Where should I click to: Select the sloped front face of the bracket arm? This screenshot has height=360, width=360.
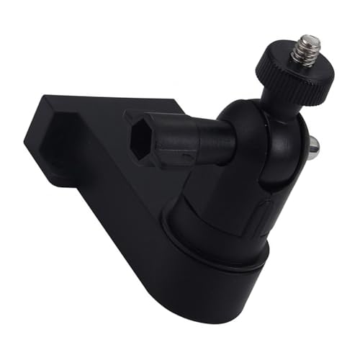pyautogui.click(x=122, y=216)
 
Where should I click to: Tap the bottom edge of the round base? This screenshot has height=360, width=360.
pyautogui.click(x=216, y=317)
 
